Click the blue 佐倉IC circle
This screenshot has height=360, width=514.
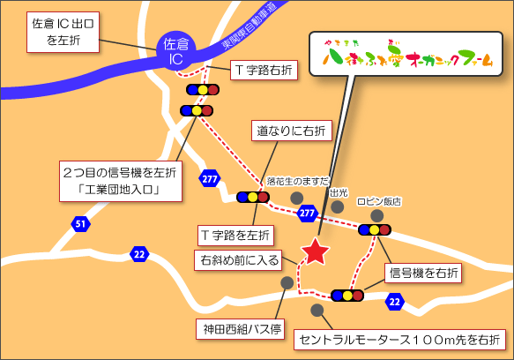(x=178, y=49)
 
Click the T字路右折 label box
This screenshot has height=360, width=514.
(x=264, y=69)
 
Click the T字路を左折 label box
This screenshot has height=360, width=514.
(x=235, y=235)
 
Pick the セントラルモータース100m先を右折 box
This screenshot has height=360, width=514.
(x=399, y=340)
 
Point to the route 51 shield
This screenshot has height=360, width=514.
(x=80, y=224)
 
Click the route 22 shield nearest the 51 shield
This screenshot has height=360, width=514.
(x=138, y=254)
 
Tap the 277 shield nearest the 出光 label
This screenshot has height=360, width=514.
(x=307, y=213)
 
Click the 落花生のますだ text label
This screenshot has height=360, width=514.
(x=298, y=180)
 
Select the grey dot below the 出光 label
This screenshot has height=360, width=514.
(x=338, y=206)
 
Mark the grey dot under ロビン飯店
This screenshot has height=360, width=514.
(x=377, y=215)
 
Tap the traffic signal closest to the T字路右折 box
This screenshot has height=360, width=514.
(x=203, y=89)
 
